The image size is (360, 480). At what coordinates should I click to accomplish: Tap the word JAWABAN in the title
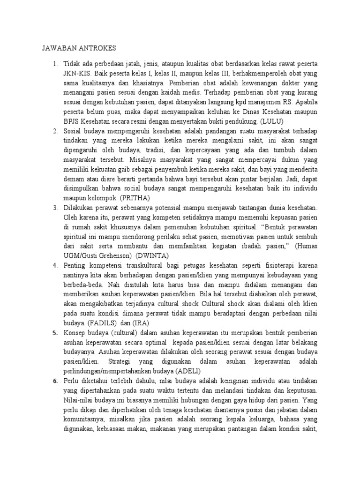click(x=58, y=48)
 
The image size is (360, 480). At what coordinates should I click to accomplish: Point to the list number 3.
click(x=54, y=208)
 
